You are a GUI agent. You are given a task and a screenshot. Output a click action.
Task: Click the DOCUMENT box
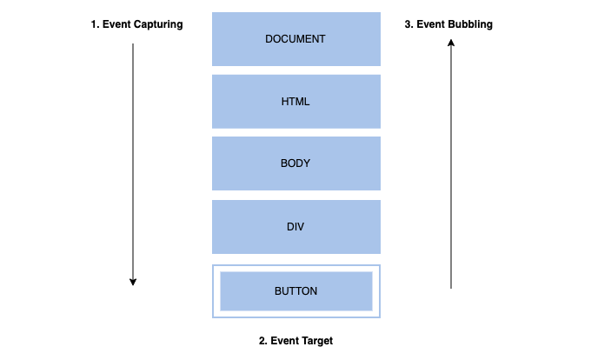[295, 39]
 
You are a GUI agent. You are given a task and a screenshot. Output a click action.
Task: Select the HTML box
[295, 102]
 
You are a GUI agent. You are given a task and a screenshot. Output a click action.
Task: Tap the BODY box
[295, 163]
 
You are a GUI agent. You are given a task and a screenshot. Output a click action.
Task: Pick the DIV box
[295, 227]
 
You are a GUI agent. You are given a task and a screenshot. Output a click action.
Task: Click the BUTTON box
[295, 291]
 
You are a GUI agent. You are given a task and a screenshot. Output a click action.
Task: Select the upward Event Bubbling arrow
[450, 165]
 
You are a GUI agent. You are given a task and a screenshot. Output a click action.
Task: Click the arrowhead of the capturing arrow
[133, 281]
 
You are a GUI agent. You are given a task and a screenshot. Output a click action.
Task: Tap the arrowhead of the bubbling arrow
[450, 48]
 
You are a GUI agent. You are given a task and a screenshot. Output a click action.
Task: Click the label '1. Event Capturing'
[136, 24]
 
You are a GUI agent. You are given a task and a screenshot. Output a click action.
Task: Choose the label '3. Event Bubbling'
[448, 24]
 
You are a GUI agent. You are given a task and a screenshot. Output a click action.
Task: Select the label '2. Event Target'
[295, 341]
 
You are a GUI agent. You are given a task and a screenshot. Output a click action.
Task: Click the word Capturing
[157, 24]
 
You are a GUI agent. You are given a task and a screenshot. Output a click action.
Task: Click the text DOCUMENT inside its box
[295, 39]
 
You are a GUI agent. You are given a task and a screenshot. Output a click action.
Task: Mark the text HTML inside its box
[295, 102]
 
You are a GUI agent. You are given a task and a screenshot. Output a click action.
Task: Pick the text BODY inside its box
[295, 163]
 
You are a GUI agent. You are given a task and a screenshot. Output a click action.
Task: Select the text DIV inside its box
[295, 227]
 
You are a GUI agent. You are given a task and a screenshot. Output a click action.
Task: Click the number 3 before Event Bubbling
[408, 24]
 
